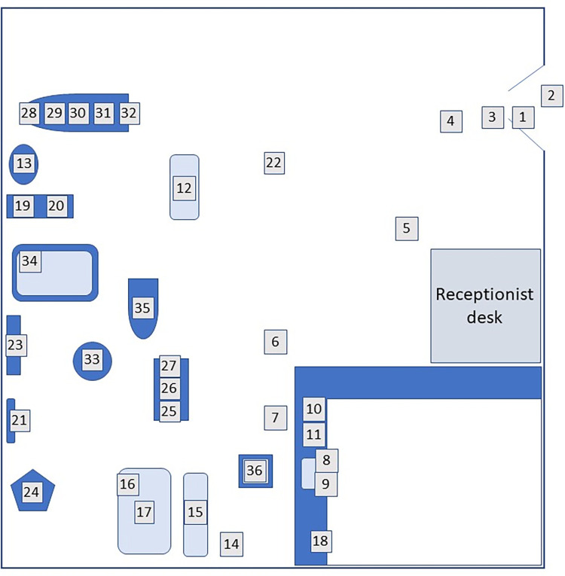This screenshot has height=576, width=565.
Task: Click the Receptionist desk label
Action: tap(485, 305)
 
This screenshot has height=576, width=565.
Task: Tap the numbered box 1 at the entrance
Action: tap(523, 117)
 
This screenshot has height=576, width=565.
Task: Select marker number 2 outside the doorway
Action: tap(551, 96)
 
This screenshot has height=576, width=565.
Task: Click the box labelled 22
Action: tap(274, 162)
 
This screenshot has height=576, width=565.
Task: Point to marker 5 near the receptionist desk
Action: tap(407, 228)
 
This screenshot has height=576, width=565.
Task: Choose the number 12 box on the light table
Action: tap(184, 188)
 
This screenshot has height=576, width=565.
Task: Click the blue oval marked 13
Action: tap(24, 163)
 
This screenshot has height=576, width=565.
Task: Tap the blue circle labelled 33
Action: tap(92, 360)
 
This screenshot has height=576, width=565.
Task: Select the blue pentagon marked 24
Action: tap(32, 492)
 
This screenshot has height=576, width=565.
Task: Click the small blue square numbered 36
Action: tap(255, 471)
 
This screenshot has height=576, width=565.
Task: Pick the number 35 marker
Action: tap(142, 307)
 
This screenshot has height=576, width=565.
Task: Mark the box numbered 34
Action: tap(30, 261)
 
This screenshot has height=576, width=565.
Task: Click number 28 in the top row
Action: tap(29, 114)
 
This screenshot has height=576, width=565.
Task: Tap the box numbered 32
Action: tap(130, 114)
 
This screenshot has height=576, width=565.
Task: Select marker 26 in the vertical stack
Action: tap(170, 389)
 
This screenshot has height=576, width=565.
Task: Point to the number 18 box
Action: tap(321, 541)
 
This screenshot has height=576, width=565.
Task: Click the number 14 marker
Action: tap(231, 544)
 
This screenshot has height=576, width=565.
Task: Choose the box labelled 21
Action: tap(20, 420)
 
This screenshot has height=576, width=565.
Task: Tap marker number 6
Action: tap(275, 342)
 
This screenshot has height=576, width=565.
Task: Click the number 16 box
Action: tap(128, 484)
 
